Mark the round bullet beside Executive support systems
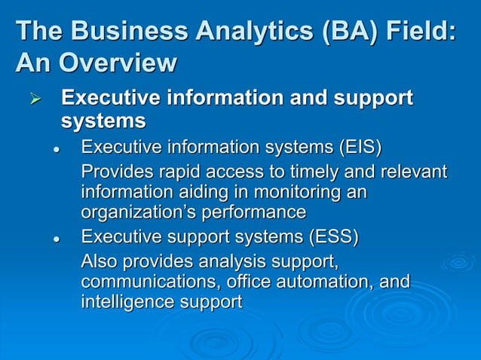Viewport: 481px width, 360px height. (55, 239)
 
